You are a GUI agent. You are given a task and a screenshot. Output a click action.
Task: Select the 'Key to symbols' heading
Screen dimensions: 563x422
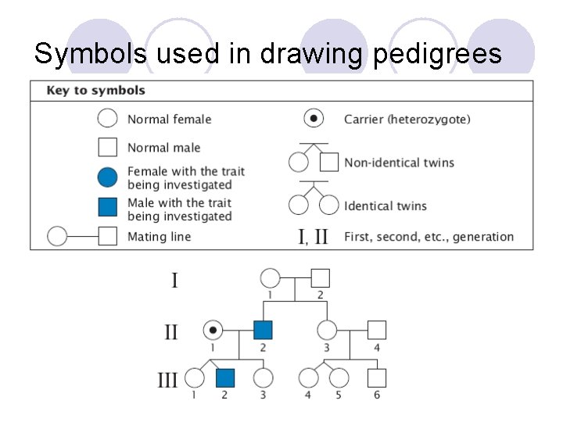tap(96, 91)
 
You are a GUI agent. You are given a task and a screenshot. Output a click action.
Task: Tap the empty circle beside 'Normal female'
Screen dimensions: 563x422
tap(108, 120)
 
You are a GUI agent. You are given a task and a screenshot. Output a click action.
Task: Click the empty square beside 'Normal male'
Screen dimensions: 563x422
tap(108, 147)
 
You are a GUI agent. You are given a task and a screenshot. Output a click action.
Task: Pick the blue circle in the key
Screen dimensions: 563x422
tap(108, 177)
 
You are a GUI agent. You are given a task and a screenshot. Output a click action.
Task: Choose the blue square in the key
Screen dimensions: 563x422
tap(108, 207)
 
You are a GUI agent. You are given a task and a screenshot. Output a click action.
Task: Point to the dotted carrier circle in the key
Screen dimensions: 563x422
tap(314, 120)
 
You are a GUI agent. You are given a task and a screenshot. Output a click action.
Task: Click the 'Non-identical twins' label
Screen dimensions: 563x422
tap(399, 163)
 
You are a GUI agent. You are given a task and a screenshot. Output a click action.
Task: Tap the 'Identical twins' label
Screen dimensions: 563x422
tap(385, 206)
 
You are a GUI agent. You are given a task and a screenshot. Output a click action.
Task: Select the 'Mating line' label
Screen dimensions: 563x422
tap(159, 236)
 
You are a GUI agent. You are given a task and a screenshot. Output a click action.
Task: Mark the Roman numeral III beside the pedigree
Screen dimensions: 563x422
tap(168, 381)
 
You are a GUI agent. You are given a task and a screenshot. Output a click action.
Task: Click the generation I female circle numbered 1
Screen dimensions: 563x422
tap(270, 277)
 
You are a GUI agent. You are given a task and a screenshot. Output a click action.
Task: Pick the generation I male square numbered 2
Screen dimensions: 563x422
tap(320, 277)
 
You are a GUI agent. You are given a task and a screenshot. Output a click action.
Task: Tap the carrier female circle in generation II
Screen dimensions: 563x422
tap(212, 330)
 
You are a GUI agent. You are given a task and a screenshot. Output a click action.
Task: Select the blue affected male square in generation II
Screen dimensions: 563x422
tap(263, 330)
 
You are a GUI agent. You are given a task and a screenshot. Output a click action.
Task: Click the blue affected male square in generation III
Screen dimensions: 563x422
tap(226, 378)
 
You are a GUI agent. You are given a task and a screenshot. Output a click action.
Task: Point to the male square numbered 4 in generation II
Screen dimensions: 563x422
tap(377, 330)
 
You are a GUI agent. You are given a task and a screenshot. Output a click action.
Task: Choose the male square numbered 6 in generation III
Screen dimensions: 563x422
tap(377, 378)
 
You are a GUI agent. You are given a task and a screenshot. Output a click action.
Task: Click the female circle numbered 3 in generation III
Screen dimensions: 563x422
tap(264, 378)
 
